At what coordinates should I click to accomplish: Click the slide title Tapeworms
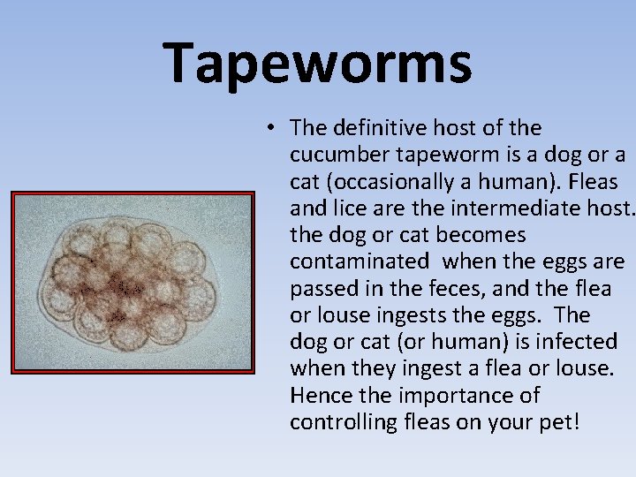tap(318, 63)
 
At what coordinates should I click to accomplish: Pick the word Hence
tap(317, 395)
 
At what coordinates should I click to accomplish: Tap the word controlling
tap(345, 421)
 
